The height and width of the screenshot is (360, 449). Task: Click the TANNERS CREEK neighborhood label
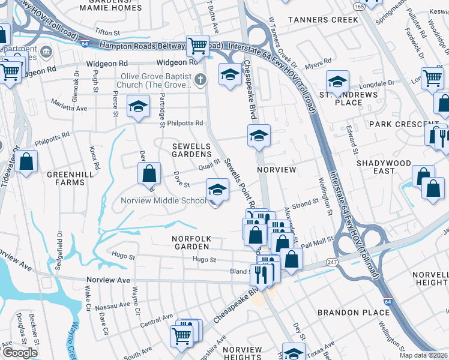323,20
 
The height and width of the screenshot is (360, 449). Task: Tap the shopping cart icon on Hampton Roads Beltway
197,45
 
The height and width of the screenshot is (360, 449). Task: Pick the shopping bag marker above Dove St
149,173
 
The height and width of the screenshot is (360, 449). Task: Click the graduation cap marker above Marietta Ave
138,107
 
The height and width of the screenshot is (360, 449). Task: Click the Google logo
20,352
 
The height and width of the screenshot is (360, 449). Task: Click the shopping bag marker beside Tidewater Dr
27,161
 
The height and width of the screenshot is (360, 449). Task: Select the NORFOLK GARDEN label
190,242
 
